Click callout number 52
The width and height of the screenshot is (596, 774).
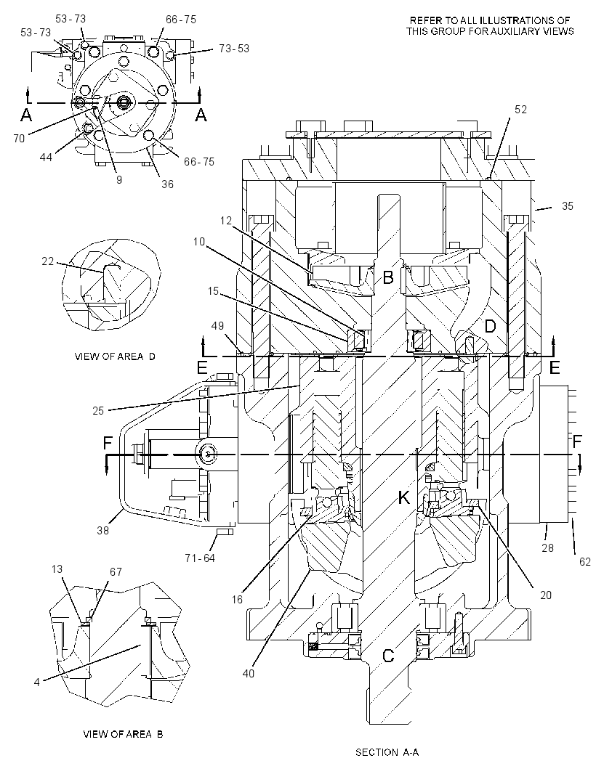(x=521, y=110)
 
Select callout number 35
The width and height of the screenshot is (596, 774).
(x=568, y=205)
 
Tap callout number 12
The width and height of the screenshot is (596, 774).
(x=226, y=221)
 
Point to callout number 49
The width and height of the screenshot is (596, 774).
(x=217, y=326)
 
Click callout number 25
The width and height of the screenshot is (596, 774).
(x=98, y=411)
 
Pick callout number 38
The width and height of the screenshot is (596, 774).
(x=102, y=531)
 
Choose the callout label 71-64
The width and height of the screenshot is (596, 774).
(x=200, y=559)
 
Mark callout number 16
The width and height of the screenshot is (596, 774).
(x=237, y=599)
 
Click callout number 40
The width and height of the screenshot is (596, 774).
(x=248, y=673)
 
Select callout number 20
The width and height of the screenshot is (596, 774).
(x=546, y=595)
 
